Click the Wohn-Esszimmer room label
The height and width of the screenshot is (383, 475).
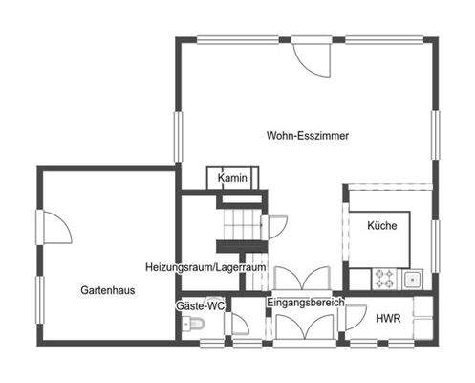pos(307,136)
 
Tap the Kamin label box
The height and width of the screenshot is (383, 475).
pos(232,179)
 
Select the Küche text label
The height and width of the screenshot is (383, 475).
pos(381,226)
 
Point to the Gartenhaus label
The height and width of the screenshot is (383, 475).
pos(107,288)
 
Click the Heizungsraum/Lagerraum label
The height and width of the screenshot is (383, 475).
pos(205,266)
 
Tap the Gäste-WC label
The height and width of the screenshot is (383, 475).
pos(200,305)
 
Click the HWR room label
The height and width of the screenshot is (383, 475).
pos(387,318)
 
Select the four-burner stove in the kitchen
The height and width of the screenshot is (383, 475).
pos(384,279)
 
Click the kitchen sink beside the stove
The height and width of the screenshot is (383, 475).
pos(413,279)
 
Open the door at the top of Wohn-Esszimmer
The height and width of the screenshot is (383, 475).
pos(312,57)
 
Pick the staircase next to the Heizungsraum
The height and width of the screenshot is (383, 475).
pos(240,228)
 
